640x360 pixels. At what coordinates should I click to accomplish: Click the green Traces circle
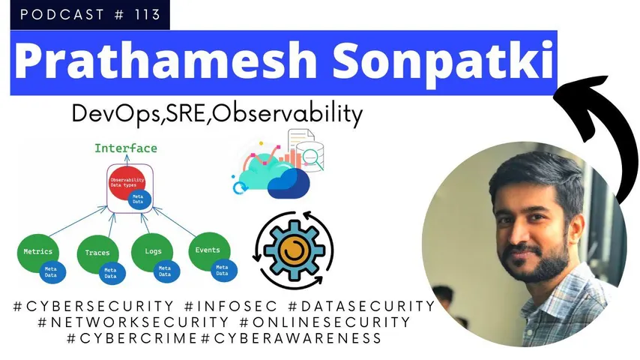tap(97, 253)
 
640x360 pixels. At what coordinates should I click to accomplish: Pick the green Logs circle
tap(152, 252)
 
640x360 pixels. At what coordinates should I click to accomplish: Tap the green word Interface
tap(125, 148)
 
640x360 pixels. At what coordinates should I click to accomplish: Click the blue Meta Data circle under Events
tap(222, 268)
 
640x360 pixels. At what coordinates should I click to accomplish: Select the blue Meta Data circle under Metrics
tap(52, 271)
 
